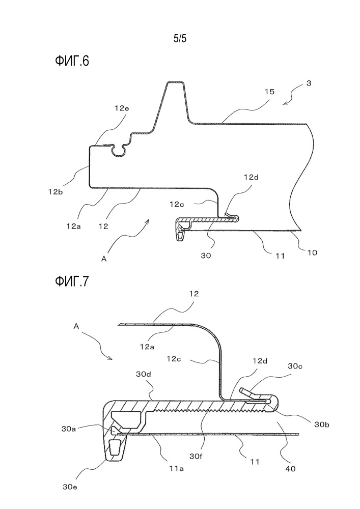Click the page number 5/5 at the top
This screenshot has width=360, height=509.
point(180,39)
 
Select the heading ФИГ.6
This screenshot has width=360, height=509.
point(72,61)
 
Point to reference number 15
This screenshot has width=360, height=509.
point(269,92)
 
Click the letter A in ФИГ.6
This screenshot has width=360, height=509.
point(104,258)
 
